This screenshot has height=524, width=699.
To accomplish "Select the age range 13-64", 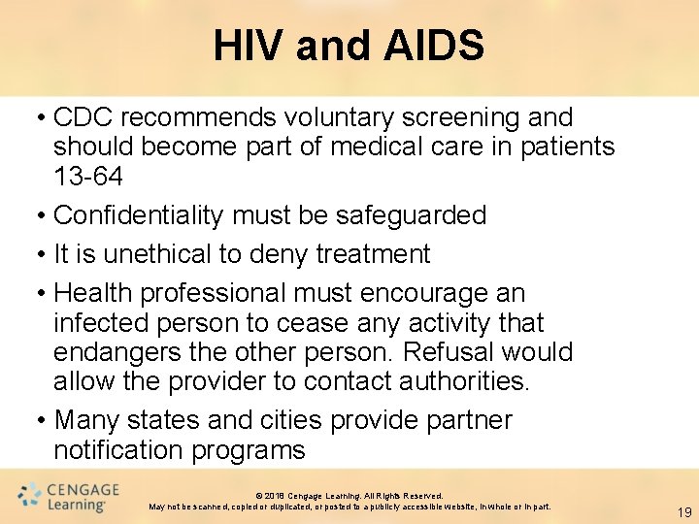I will tap(88, 177).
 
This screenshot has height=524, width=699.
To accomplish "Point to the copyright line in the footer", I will tap(349, 496).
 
